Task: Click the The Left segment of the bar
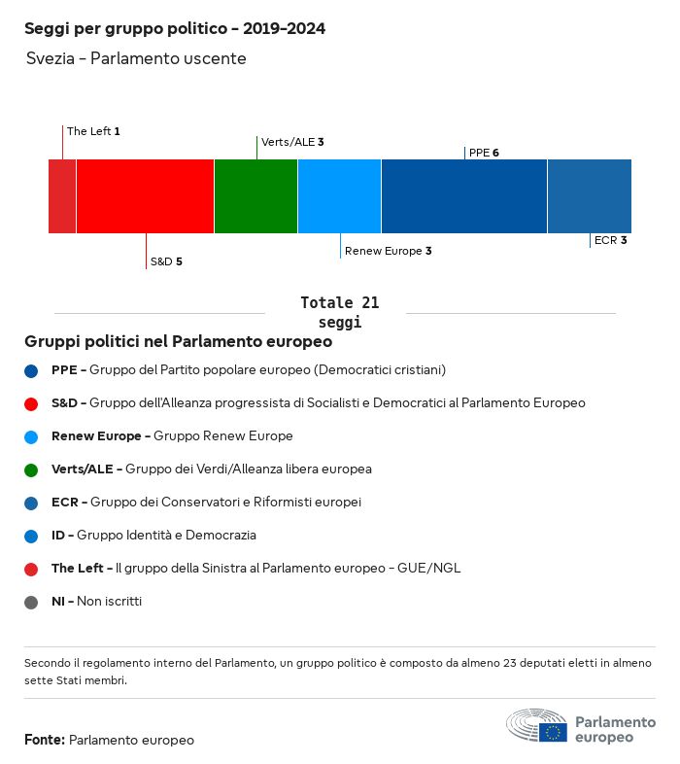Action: coord(62,196)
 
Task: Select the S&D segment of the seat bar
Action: coord(145,196)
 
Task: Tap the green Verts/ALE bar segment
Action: coord(255,196)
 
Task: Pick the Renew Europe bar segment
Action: coord(339,196)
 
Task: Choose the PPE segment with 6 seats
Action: coord(464,196)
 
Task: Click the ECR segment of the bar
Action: coord(590,196)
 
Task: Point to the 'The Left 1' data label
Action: coord(93,131)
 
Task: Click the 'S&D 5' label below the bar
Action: coord(166,262)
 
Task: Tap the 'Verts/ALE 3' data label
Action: coord(292,142)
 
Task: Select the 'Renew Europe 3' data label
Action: coord(388,251)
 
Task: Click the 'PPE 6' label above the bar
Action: coord(484,153)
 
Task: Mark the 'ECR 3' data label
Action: coord(610,240)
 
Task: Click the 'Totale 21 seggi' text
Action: coord(340,312)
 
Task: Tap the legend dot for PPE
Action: coord(32,370)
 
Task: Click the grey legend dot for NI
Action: coord(32,602)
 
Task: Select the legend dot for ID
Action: coord(32,536)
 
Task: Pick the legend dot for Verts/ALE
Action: coord(32,469)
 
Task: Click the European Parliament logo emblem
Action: coord(536,726)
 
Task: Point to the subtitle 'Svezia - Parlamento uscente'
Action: coord(136,59)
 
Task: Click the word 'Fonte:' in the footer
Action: coord(45,741)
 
